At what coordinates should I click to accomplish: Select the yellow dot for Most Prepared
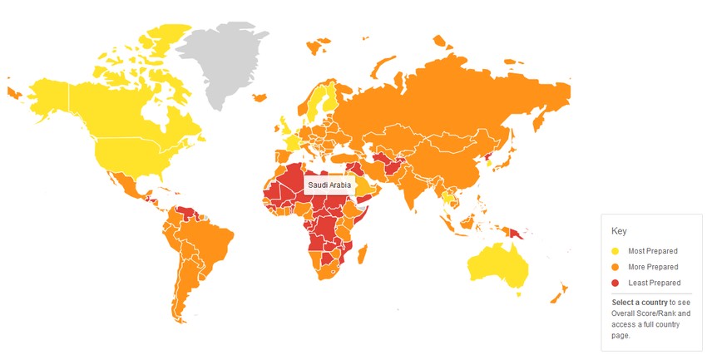point(616,250)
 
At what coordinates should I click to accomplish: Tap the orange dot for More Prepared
point(616,267)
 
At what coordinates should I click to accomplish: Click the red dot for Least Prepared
point(616,284)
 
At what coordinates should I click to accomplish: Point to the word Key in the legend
point(619,231)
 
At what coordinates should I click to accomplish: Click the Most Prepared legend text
point(653,250)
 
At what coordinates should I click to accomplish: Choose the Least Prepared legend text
point(654,284)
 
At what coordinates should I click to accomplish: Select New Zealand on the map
point(558,292)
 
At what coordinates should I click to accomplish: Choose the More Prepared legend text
point(654,267)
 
